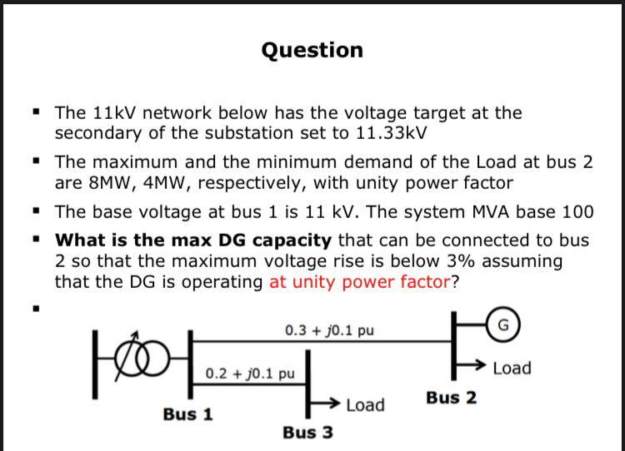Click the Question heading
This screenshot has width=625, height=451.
point(312,50)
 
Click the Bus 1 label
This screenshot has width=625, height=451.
point(187,414)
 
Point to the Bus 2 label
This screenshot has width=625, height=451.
point(451,398)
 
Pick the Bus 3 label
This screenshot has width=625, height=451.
point(307,432)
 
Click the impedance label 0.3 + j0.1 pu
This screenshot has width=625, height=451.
point(329,330)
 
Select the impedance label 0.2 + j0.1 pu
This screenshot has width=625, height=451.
point(250,373)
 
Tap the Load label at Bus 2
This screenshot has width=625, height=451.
point(512,368)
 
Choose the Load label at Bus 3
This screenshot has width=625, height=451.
point(365,405)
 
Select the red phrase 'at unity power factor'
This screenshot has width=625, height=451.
point(359,281)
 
